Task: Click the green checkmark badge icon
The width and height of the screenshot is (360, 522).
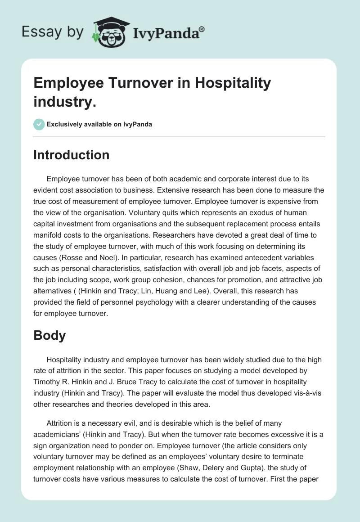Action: [x=39, y=124]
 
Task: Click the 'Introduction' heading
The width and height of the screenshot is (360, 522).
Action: [x=72, y=155]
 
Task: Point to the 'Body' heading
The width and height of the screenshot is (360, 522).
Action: [x=49, y=335]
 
